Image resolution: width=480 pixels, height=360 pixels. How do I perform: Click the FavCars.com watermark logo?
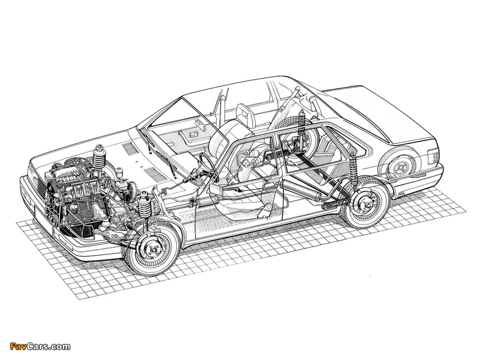(40, 347)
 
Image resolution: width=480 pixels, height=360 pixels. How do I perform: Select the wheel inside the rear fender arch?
(399, 167)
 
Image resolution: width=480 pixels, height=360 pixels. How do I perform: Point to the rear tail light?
(434, 157)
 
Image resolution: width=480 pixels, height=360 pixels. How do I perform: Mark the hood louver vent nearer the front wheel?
(155, 175)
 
